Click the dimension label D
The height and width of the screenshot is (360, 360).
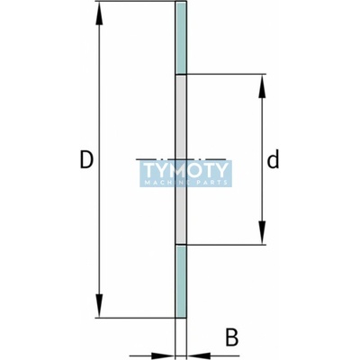point(86,159)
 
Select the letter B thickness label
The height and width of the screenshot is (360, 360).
point(231,337)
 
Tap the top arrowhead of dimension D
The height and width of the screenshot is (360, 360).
point(99,14)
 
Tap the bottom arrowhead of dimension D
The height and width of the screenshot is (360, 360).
point(99,305)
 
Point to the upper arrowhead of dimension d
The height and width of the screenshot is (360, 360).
point(262,85)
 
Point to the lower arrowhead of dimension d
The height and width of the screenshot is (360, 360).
point(262,232)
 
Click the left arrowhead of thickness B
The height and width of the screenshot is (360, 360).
point(163,355)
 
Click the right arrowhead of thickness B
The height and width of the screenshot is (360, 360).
point(198,355)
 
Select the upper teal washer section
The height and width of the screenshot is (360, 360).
point(181,38)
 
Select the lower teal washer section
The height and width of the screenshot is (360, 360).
point(181,281)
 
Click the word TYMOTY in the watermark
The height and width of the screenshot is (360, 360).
point(185,170)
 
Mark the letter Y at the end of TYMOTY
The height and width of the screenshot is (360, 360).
point(220,170)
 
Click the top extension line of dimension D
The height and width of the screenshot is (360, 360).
point(136,2)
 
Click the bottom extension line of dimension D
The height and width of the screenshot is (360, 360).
point(136,318)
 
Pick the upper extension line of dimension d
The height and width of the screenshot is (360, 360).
point(226,74)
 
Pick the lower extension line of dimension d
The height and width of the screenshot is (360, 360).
point(226,245)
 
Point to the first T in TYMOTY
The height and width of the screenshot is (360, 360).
point(150,170)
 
